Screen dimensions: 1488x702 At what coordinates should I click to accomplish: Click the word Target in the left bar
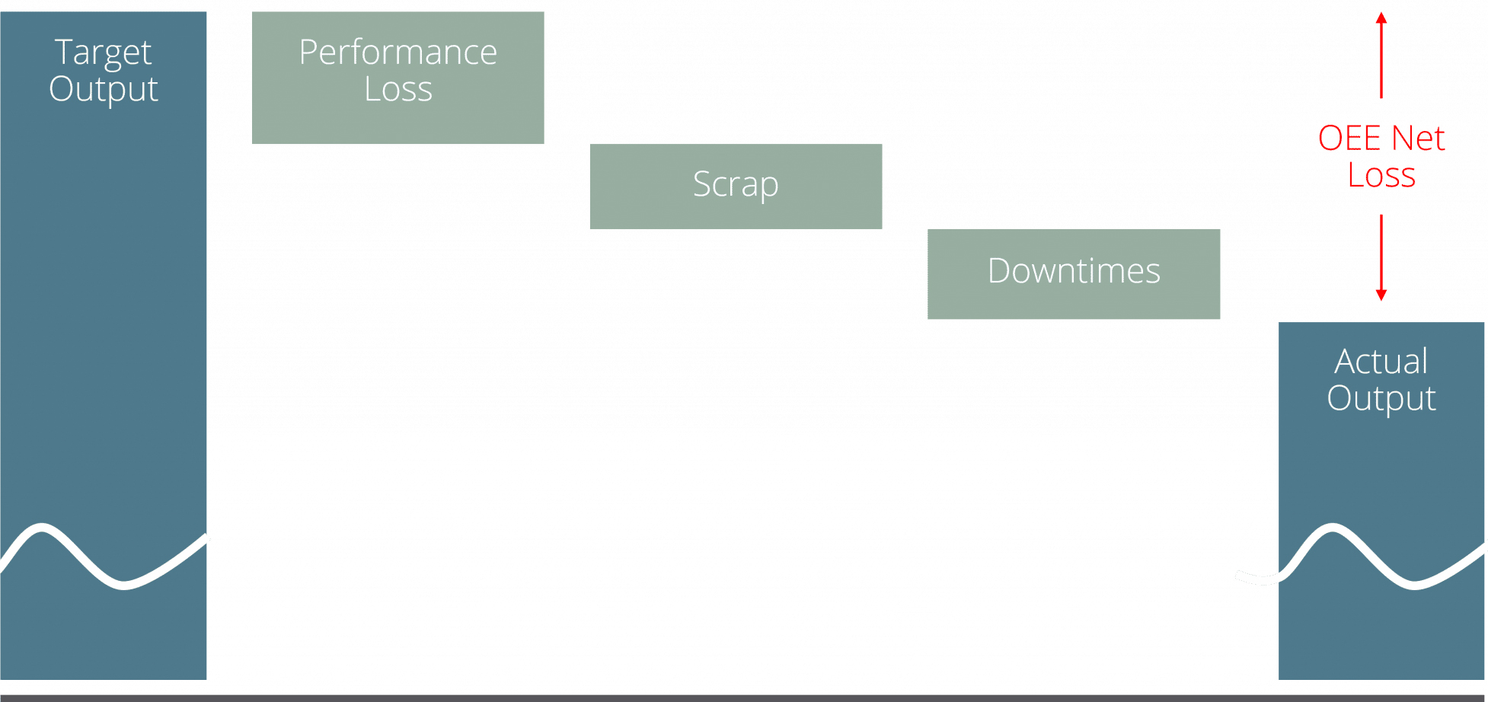(x=104, y=53)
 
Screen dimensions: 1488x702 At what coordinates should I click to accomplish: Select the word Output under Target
(x=104, y=89)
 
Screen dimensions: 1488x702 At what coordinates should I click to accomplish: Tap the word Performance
(x=398, y=53)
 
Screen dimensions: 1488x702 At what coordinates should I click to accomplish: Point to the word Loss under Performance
(x=398, y=89)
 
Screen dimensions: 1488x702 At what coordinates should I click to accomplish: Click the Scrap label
(x=736, y=185)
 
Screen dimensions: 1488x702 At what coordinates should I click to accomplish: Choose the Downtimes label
(x=1074, y=271)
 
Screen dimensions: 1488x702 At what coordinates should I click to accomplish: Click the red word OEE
(x=1349, y=139)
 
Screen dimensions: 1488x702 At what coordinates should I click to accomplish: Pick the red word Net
(x=1418, y=139)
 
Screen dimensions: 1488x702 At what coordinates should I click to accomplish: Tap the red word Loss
(x=1381, y=175)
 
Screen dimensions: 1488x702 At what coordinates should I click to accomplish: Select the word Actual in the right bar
(x=1381, y=362)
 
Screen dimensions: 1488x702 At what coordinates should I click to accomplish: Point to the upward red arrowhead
(x=1381, y=18)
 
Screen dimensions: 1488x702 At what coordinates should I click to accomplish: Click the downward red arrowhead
(x=1381, y=295)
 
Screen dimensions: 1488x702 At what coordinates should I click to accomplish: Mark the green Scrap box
(x=736, y=187)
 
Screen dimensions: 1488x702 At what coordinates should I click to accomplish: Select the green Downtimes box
(x=1074, y=274)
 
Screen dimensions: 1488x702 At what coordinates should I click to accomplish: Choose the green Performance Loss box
(x=398, y=78)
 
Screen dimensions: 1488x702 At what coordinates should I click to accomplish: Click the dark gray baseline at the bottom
(x=744, y=698)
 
